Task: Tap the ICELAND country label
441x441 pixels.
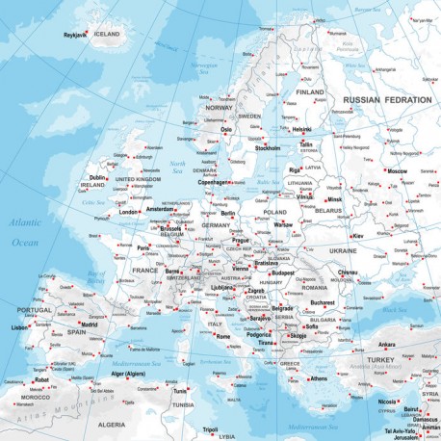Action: [107, 34]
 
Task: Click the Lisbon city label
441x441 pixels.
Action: [20, 327]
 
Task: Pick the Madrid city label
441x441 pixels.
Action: [89, 324]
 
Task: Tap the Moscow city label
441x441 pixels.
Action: [397, 170]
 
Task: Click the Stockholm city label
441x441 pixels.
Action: [267, 148]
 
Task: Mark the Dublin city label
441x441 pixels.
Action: [97, 177]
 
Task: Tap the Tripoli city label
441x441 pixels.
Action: [211, 429]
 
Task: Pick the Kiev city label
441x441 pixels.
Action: [358, 235]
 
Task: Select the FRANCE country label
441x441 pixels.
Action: [143, 271]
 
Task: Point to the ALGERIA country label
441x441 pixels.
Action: [112, 424]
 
